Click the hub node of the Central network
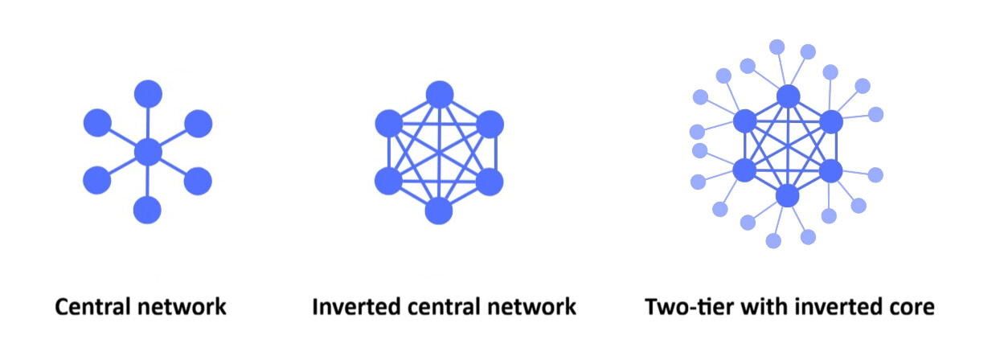click(x=148, y=152)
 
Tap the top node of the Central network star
click(x=148, y=94)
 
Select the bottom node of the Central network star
click(x=148, y=210)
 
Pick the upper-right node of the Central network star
click(x=198, y=123)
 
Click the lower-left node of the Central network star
click(x=97, y=181)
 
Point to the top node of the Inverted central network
click(x=439, y=94)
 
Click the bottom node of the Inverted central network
click(x=439, y=211)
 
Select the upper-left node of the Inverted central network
click(x=389, y=124)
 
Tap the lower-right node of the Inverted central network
click(x=489, y=182)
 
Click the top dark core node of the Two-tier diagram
click(x=789, y=96)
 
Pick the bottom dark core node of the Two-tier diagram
click(x=788, y=195)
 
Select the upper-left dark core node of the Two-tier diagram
click(x=745, y=121)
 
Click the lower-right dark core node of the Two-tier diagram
click(x=831, y=170)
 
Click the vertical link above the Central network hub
click(x=148, y=122)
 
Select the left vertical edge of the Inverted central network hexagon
click(x=389, y=153)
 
